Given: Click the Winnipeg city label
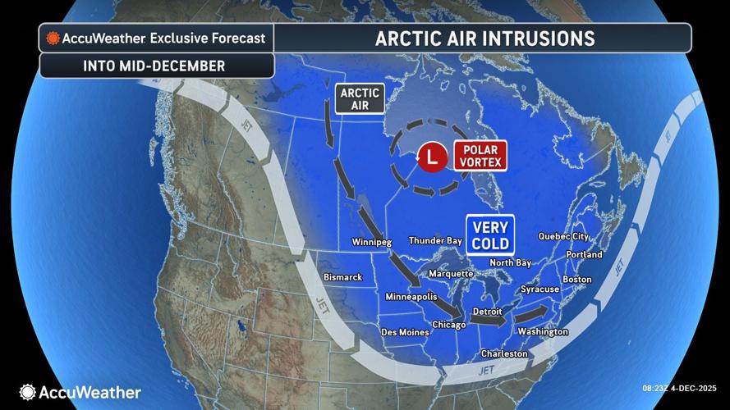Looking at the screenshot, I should click(x=372, y=243).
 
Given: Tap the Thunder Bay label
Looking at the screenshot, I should click(x=435, y=241).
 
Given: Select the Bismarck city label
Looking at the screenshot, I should click(x=342, y=277).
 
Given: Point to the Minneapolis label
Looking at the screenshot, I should click(x=411, y=297).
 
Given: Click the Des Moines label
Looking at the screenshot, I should click(x=404, y=332).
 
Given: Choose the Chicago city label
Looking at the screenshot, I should click(x=449, y=325).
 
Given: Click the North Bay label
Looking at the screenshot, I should click(x=511, y=262).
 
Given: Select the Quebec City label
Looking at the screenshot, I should click(x=563, y=236).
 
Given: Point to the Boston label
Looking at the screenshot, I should click(x=576, y=280).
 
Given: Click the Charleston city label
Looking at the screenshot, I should click(x=504, y=353).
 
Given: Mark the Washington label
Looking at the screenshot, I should click(x=543, y=332).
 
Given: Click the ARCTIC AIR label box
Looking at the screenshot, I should click(x=360, y=98).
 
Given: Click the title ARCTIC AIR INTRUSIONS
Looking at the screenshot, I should click(x=484, y=39).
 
